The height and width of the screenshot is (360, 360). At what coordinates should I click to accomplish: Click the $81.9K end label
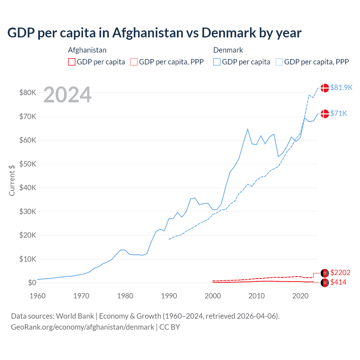click(341, 87)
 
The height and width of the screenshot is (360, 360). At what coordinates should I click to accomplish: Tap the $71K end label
click(339, 113)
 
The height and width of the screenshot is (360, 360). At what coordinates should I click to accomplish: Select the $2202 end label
click(340, 273)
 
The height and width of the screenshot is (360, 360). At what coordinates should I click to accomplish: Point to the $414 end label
click(338, 282)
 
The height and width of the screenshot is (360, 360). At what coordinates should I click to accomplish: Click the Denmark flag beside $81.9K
click(325, 88)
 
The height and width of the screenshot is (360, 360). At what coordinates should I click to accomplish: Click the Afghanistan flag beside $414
click(325, 283)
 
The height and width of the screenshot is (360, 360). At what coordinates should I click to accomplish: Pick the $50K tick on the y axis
click(28, 164)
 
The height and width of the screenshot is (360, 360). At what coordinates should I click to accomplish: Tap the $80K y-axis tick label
click(28, 93)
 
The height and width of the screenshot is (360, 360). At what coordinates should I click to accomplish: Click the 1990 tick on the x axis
click(169, 296)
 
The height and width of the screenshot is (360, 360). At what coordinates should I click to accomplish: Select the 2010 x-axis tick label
click(256, 296)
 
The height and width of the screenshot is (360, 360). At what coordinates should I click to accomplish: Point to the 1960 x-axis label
click(37, 296)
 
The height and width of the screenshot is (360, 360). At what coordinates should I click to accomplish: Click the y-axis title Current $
click(12, 180)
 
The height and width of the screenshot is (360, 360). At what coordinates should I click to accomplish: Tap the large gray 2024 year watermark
click(67, 95)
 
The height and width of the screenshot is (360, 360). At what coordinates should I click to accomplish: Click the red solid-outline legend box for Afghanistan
click(72, 62)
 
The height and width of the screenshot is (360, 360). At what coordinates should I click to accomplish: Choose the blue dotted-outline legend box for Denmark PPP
click(279, 62)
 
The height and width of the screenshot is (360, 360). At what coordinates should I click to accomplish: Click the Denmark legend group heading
click(228, 50)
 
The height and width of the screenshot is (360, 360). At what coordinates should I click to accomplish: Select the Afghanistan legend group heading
click(87, 50)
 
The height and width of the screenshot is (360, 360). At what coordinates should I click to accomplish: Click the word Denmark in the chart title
click(229, 33)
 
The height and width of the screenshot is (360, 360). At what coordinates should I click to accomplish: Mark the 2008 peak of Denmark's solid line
click(247, 129)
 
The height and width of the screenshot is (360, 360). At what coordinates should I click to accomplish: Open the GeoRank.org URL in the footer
click(82, 327)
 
